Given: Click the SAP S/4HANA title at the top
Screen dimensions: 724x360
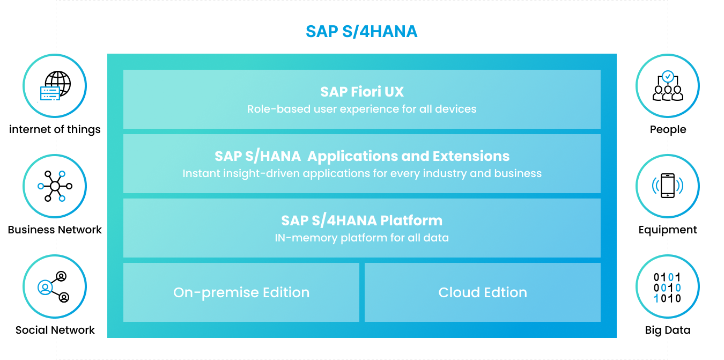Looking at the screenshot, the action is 361,32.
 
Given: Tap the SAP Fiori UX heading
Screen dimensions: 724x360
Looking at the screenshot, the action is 362,92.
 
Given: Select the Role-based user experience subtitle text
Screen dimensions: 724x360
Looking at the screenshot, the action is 361,109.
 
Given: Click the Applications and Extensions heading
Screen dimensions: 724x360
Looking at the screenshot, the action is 362,156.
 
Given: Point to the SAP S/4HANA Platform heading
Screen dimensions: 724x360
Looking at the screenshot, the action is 361,221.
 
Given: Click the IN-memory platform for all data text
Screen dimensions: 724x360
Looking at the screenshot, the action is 361,238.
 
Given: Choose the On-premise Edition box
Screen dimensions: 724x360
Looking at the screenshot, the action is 241,292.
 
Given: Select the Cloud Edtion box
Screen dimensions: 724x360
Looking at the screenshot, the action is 483,292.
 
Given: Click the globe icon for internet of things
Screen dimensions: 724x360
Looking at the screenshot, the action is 55,86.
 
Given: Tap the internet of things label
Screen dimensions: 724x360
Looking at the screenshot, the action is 55,129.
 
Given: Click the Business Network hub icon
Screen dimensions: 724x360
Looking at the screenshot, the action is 55,186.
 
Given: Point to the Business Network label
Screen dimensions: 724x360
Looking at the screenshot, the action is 55,230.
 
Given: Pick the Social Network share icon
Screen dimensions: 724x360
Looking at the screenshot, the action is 54,287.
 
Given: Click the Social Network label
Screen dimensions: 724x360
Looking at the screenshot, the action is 55,330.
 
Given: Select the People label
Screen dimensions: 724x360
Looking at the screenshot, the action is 668,129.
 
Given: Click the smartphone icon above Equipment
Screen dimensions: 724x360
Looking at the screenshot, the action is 668,186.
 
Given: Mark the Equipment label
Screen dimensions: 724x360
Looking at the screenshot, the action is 668,230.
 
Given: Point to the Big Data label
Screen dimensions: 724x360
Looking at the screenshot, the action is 668,330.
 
